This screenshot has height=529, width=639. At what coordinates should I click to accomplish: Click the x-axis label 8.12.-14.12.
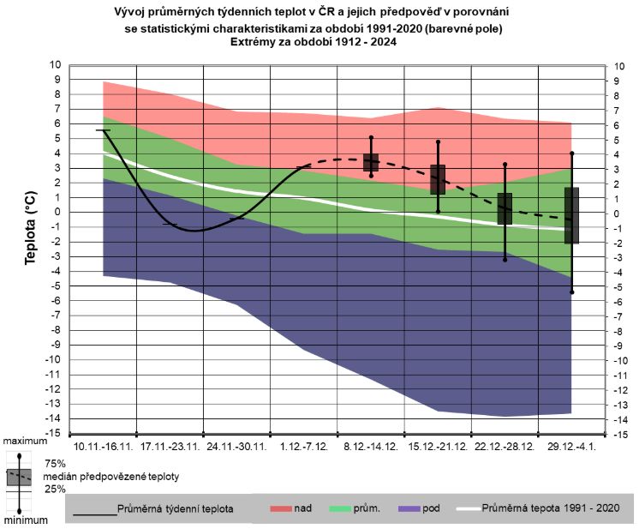click(x=371, y=448)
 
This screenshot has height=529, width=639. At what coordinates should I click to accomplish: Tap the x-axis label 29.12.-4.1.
click(x=571, y=448)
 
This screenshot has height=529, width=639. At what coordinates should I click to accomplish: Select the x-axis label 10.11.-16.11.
click(x=103, y=448)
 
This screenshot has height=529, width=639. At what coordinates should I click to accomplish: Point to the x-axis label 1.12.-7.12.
click(x=304, y=448)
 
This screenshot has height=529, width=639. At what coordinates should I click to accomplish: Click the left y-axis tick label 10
click(x=56, y=65)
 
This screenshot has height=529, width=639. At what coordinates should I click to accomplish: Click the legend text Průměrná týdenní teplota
click(x=176, y=508)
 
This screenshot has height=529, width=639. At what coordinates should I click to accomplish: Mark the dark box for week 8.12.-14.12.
click(x=371, y=163)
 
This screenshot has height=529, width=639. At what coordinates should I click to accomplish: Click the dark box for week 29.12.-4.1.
click(x=571, y=215)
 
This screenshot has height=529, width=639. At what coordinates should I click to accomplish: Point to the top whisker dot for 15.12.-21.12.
click(x=438, y=141)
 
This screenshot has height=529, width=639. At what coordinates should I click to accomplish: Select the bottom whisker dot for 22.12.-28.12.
click(x=505, y=259)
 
